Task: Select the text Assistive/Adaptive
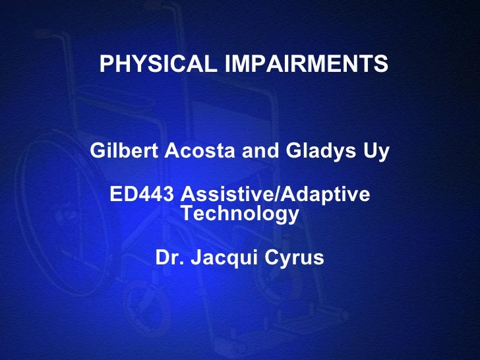(x=276, y=195)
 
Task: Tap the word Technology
(x=240, y=214)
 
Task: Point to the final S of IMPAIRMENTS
(x=382, y=65)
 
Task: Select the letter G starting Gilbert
(x=96, y=152)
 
